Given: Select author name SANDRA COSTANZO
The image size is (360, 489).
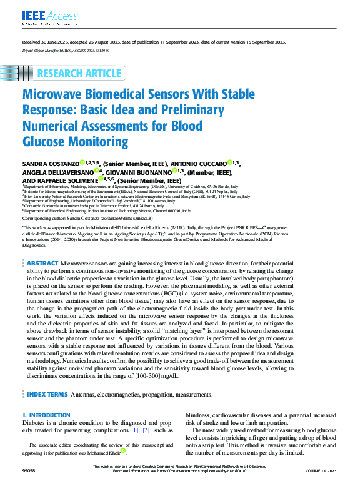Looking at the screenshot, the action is (x=50, y=162).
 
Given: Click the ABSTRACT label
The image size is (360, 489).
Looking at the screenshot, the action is (x=43, y=282).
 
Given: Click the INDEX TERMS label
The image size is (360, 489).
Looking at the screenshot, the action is (x=47, y=395).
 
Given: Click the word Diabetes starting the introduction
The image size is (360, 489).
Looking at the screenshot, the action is (x=37, y=423).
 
